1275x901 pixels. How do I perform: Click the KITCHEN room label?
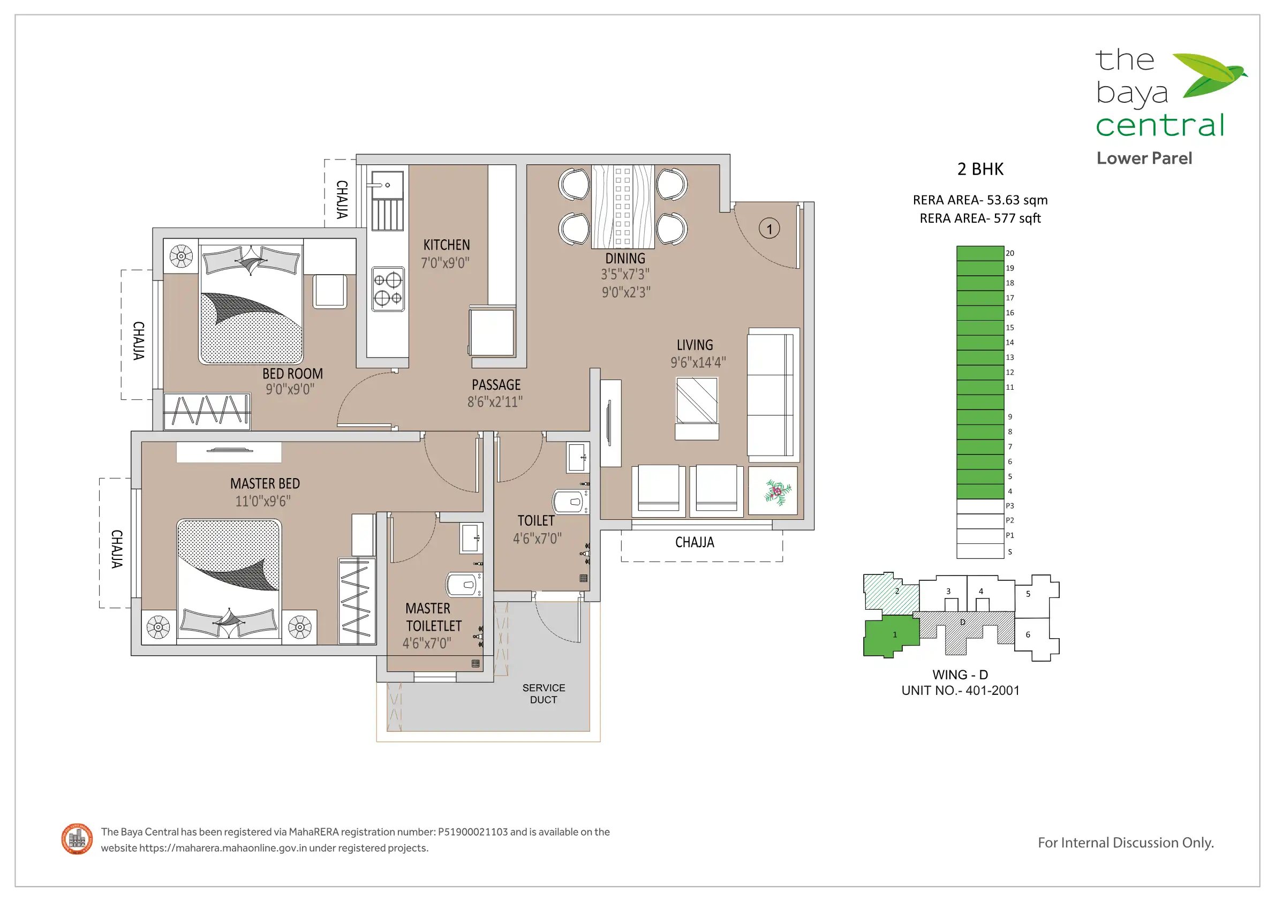[447, 245]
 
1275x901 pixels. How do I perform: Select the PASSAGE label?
[496, 385]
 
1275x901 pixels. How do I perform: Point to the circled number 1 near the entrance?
[769, 228]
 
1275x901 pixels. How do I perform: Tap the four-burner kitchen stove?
[388, 289]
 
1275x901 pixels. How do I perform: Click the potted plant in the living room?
[778, 492]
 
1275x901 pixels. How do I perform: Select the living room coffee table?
[697, 401]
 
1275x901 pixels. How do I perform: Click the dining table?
[623, 206]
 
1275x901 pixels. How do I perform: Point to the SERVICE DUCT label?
[544, 693]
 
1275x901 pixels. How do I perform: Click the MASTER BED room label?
[265, 483]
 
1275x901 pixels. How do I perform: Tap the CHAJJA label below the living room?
[695, 542]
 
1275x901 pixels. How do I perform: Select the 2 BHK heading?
[980, 169]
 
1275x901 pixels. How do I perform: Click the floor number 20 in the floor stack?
[1009, 253]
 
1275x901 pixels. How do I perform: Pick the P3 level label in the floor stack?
[1009, 506]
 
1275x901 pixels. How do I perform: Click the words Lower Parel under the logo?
[1144, 158]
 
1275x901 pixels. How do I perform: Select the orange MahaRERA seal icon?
[77, 839]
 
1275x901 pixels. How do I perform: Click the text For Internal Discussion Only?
[1126, 843]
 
